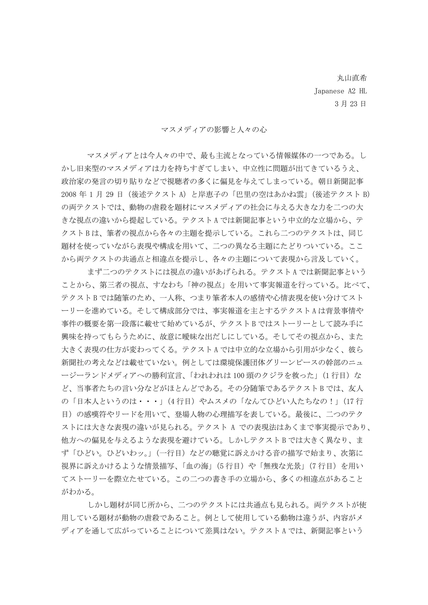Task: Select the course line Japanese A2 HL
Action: [x=340, y=91]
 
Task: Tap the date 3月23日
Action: [x=350, y=104]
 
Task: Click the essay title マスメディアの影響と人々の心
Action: [x=214, y=130]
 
